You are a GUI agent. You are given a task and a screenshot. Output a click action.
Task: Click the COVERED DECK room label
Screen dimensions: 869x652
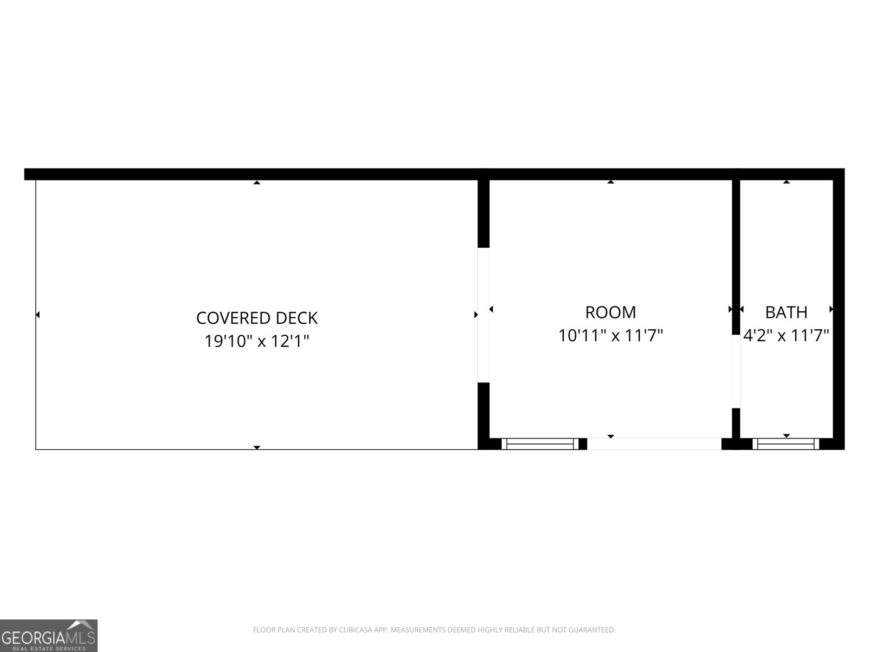257,318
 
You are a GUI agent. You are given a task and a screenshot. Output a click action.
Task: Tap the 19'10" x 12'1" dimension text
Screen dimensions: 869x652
256,341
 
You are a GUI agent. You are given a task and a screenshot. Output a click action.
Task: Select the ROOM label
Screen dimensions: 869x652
610,312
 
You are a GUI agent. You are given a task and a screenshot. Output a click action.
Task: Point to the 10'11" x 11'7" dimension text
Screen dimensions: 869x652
610,336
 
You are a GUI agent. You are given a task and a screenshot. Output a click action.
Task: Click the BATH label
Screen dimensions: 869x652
786,312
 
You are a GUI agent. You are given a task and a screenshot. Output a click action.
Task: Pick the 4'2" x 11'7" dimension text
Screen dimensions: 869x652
786,336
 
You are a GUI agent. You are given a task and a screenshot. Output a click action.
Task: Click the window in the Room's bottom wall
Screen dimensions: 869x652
540,444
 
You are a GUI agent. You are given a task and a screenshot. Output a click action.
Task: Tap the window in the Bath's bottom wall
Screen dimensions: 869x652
786,444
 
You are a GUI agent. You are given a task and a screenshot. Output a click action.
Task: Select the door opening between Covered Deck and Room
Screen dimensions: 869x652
483,315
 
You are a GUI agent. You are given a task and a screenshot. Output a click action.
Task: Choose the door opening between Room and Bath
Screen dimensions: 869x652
736,371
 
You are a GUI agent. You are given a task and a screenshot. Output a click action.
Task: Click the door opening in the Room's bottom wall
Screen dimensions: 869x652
654,444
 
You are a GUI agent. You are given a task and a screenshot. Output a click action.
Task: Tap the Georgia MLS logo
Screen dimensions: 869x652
49,635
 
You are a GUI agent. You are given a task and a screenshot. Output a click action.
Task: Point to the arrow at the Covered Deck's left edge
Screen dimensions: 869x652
37,315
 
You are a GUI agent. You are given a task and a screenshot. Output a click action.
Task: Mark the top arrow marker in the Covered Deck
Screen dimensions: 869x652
257,183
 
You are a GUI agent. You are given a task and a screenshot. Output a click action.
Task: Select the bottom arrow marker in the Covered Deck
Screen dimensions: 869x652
257,447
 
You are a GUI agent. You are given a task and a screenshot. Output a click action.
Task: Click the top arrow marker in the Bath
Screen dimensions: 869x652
786,181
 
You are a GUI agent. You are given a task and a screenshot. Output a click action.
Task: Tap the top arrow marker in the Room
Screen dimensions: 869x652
611,181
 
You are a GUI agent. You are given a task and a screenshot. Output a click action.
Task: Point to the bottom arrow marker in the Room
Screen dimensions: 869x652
611,436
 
